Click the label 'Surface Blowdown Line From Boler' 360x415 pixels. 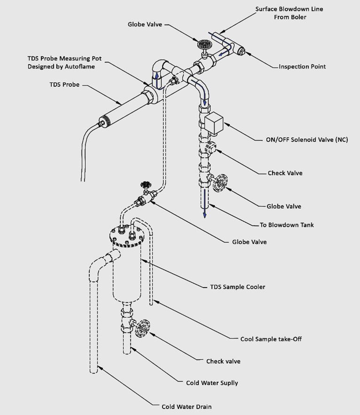coord(296,13)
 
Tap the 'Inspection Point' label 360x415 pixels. coord(302,67)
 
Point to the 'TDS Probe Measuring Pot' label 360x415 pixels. coord(64,63)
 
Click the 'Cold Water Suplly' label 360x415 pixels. coord(212,383)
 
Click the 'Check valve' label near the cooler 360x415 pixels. coord(223,361)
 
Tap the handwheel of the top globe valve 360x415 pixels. coord(204,45)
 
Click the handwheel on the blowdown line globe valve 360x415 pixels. coord(221,183)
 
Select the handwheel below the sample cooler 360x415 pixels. coord(142,328)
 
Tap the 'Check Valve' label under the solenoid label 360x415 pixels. coord(285,173)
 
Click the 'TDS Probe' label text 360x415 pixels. coord(65,85)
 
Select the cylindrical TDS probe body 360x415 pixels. coord(122,109)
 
